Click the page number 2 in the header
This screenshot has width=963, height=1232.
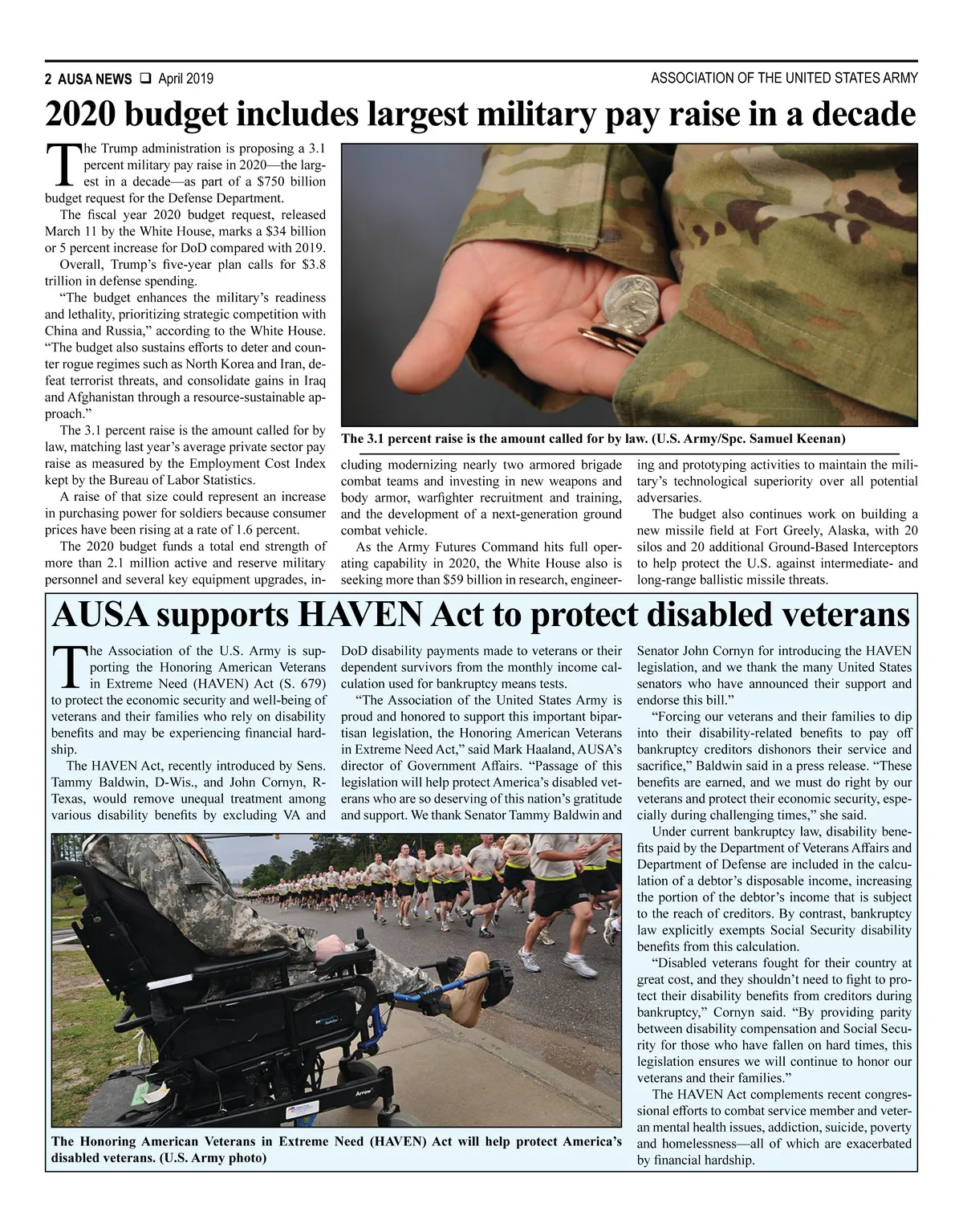tap(49, 79)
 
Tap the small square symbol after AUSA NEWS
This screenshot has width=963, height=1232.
tap(146, 79)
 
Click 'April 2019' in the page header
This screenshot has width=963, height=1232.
tap(185, 79)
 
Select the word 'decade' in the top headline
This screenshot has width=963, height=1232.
tap(864, 115)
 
